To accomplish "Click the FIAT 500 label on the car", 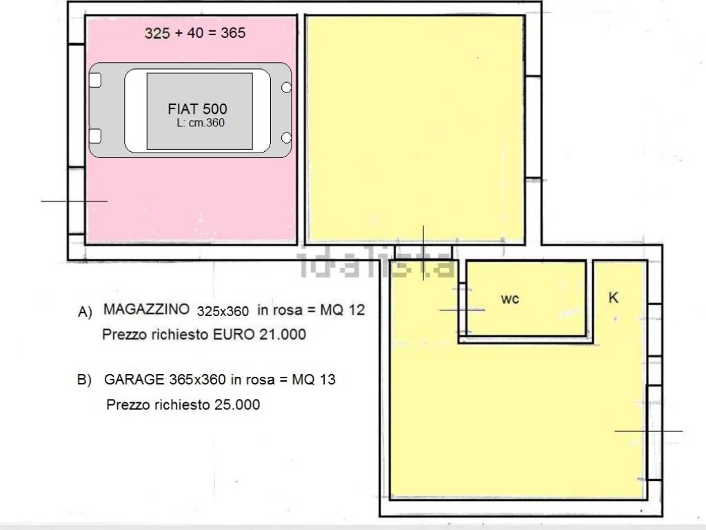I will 197,109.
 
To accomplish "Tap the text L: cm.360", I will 201,123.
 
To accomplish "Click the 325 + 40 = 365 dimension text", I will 195,32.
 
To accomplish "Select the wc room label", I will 510,298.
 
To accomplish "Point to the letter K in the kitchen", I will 614,297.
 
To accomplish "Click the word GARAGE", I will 132,379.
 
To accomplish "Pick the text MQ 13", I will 313,379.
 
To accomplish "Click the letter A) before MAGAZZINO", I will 85,312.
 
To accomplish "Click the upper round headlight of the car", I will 286,88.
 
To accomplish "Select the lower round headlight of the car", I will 286,140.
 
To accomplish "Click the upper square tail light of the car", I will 95,81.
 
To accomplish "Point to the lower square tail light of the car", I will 95,135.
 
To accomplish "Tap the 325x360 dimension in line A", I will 223,311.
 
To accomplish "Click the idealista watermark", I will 376,264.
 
